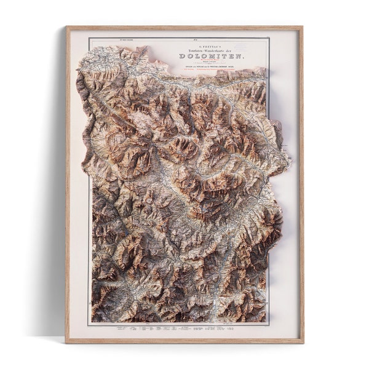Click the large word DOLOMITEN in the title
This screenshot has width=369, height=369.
[x=210, y=56]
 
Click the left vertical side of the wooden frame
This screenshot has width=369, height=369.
[x=68, y=184]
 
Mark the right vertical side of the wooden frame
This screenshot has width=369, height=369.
[x=302, y=184]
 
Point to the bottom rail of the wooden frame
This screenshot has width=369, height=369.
[x=184, y=341]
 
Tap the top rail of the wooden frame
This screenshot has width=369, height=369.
[x=184, y=28]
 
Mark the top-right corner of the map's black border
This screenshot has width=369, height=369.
[x=269, y=38]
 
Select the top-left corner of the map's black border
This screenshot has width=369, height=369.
[x=89, y=38]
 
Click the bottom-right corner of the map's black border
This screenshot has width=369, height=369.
[x=269, y=324]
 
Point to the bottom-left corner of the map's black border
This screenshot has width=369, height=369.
[x=89, y=324]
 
